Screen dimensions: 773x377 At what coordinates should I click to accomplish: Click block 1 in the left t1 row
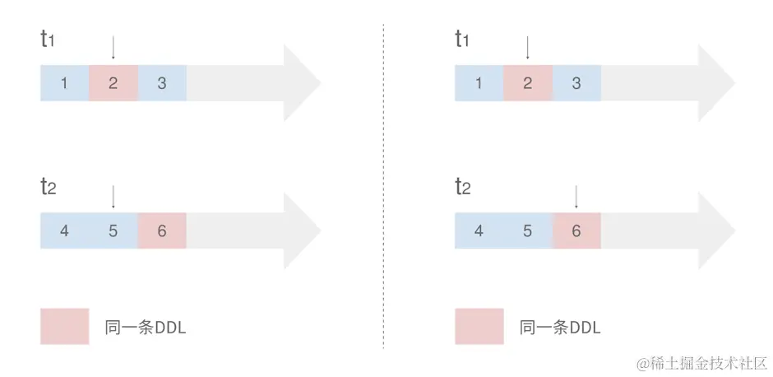coord(64,83)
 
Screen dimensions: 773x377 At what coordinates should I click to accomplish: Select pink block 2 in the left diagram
coord(113,83)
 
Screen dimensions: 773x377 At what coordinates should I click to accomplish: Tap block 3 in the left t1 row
coord(162,83)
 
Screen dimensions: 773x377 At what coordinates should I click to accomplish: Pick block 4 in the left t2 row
coord(64,231)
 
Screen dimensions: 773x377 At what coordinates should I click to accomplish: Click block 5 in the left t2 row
coord(113,231)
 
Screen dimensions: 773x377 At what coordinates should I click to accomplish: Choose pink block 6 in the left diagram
coord(162,231)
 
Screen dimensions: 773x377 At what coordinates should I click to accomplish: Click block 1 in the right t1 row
coord(479,83)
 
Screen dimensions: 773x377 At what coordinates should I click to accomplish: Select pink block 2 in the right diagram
coord(528,83)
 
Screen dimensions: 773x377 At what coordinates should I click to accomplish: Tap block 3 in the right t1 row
coord(576,83)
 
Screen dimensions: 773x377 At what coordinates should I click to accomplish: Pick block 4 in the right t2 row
coord(479,231)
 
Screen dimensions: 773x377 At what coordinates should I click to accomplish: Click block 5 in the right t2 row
coord(528,231)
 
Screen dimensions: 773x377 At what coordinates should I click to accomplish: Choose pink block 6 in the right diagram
coord(576,231)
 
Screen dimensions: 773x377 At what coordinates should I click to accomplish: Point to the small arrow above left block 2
coord(113,48)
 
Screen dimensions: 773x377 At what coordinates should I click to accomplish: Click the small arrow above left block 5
coord(113,196)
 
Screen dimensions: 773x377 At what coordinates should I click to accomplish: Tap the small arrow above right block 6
coord(576,196)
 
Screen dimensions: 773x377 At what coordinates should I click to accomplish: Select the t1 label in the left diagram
coord(48,39)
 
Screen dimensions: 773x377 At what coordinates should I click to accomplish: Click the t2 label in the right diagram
coord(463,187)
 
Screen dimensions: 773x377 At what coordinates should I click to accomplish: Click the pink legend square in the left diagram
coord(64,326)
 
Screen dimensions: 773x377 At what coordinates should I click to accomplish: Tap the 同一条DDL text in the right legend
coord(560,327)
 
